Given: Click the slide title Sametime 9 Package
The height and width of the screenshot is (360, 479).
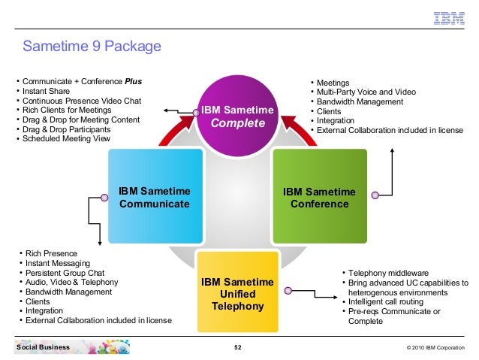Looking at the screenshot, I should (x=92, y=47).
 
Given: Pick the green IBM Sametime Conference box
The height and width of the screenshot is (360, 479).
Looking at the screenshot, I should (x=319, y=197).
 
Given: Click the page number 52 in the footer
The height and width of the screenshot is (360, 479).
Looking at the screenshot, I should (x=238, y=347).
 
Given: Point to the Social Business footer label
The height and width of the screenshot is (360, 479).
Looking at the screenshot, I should (x=43, y=347).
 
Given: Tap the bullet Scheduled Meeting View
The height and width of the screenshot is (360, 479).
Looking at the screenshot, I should (x=66, y=138).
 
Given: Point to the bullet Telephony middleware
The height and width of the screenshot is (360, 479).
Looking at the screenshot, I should (x=388, y=273).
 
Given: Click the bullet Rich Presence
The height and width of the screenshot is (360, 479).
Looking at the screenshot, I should (x=51, y=253).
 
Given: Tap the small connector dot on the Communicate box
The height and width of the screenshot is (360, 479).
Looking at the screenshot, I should (x=105, y=198).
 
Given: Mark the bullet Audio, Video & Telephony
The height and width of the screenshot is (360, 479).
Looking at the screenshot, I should (x=71, y=283).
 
